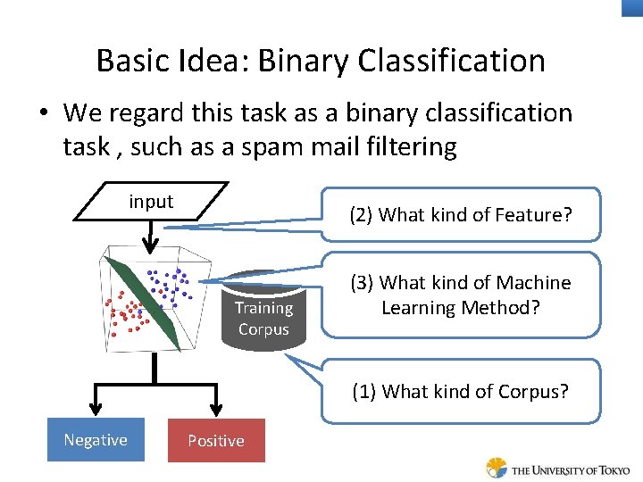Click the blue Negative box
click(x=96, y=440)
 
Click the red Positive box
click(x=216, y=441)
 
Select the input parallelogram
click(x=150, y=203)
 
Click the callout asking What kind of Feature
click(x=461, y=214)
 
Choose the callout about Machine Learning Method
click(x=461, y=295)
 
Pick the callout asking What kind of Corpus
click(x=461, y=391)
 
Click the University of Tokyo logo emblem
click(x=497, y=468)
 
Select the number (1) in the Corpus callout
click(x=363, y=391)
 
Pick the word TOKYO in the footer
click(x=610, y=470)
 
